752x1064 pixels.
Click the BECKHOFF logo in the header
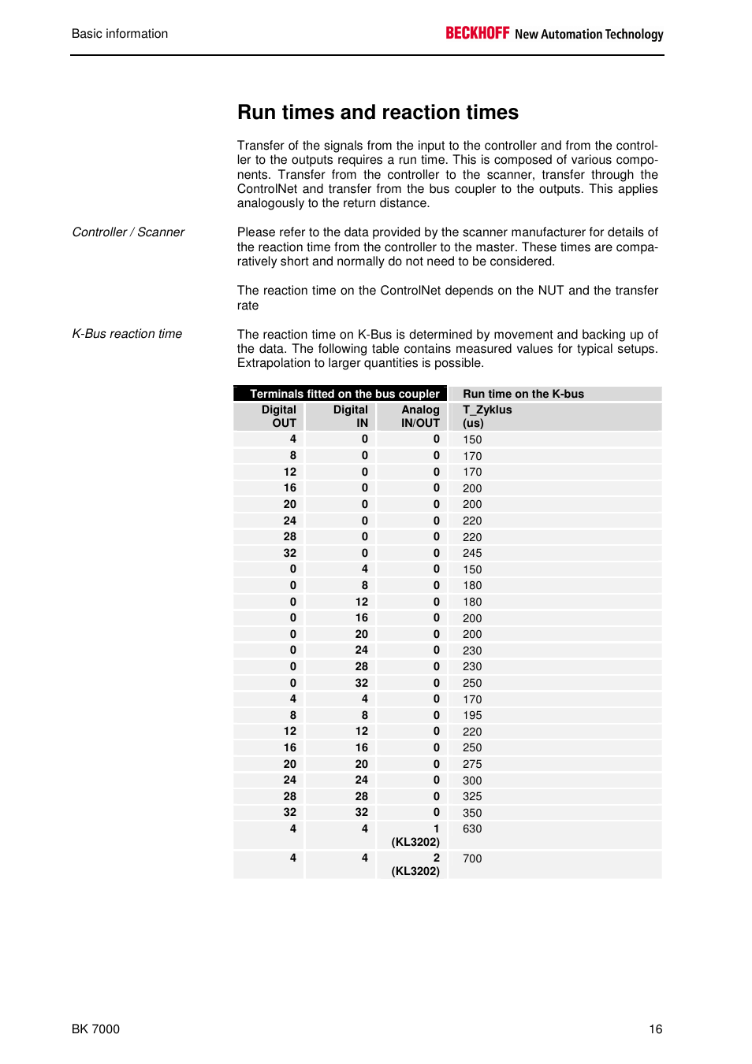pos(478,33)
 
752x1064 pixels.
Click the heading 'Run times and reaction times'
pos(378,113)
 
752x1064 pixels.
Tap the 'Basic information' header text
pos(120,34)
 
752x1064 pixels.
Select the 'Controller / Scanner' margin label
pos(128,232)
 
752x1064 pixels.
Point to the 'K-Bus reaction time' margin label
pos(127,334)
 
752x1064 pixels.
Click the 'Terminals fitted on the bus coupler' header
pos(344,394)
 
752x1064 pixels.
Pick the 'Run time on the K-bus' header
pos(523,394)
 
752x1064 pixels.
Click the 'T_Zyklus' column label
pos(487,410)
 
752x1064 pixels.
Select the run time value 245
pos(472,553)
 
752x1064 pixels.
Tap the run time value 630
pos(472,829)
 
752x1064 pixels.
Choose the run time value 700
pos(472,858)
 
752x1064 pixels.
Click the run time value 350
pos(472,813)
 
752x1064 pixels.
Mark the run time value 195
pos(472,715)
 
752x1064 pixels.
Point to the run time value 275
pos(472,764)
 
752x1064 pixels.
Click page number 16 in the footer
pos(656,1029)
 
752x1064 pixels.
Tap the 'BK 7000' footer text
pos(95,1029)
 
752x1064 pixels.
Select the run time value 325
pos(472,796)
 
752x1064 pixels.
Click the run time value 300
pos(472,780)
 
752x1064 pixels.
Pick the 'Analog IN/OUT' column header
pos(420,417)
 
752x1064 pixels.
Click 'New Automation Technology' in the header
pos(589,35)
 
